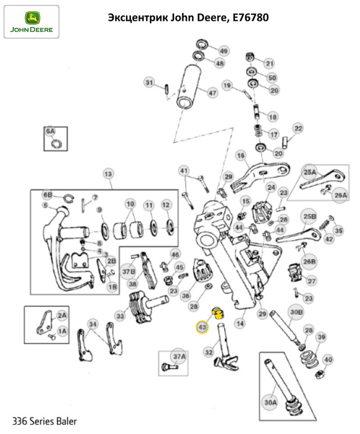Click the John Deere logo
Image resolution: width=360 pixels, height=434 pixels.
[x=31, y=21]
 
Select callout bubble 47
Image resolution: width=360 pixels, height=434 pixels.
[x=212, y=93]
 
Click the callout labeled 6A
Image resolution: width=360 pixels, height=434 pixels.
[x=51, y=132]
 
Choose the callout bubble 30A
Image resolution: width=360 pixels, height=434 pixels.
[x=271, y=403]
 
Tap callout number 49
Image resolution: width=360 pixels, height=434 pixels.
[x=224, y=51]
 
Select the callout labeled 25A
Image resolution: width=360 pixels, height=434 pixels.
[x=310, y=171]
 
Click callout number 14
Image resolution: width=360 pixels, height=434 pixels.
[x=240, y=323]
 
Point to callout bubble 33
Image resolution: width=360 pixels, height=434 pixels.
[x=120, y=317]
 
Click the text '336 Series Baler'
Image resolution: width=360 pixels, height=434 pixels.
[x=45, y=421]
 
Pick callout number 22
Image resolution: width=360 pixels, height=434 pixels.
[x=298, y=129]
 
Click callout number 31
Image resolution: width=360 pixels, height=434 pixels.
[x=149, y=83]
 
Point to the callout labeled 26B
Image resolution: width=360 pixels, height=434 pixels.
[x=310, y=261]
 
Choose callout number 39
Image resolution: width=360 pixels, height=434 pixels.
[x=321, y=337]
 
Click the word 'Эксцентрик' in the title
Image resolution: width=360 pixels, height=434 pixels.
[x=134, y=17]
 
